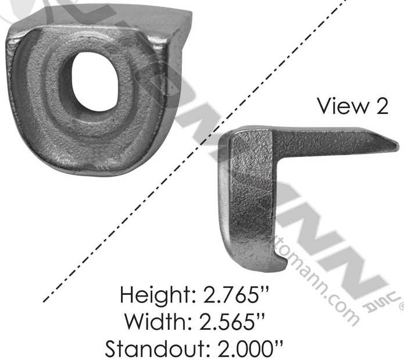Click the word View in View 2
point(339,106)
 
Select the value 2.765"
point(242,296)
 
